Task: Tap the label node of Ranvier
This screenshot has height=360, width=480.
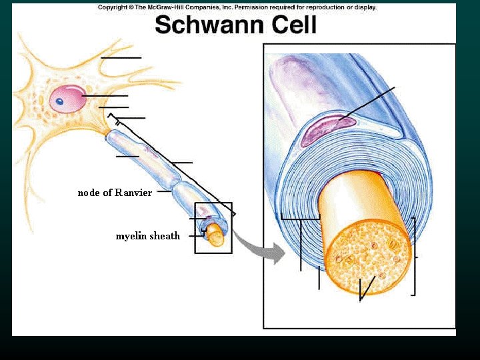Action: click(115, 193)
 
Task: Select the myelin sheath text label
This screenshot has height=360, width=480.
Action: click(148, 236)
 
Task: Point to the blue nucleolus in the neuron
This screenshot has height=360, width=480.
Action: click(59, 102)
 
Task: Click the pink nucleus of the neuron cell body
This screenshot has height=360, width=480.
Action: click(67, 98)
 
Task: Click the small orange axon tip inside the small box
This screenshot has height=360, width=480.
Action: click(215, 234)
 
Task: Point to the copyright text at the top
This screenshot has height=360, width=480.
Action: click(237, 7)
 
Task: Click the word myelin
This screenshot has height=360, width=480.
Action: click(129, 236)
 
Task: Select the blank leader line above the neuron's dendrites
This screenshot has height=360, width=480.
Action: click(121, 58)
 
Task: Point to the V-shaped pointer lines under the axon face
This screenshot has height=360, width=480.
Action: click(364, 289)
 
